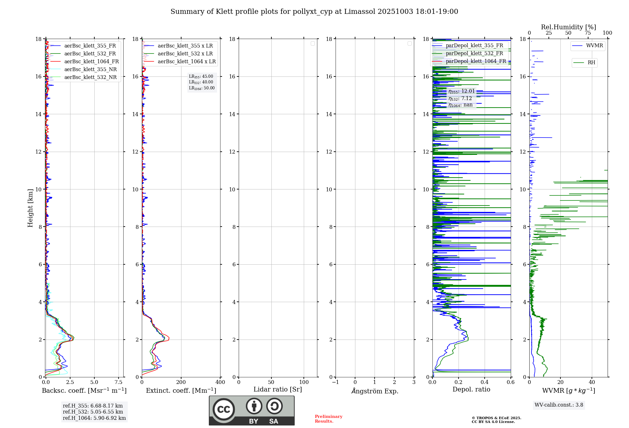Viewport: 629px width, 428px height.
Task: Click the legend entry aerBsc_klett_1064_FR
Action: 91,62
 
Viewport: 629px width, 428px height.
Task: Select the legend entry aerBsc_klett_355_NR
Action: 90,70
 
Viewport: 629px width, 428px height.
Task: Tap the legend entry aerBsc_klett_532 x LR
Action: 185,54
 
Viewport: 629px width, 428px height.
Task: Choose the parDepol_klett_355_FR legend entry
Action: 474,46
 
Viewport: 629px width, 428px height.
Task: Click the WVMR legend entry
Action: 594,46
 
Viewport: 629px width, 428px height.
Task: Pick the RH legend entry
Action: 591,63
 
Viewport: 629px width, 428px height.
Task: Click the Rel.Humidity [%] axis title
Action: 568,27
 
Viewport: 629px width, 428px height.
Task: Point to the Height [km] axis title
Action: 30,208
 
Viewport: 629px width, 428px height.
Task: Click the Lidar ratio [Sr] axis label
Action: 278,390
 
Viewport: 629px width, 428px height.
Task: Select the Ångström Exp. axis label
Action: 375,391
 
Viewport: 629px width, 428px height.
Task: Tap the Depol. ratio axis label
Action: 471,390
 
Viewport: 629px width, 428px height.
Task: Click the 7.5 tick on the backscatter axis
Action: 119,382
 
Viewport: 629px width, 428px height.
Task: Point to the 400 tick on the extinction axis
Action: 220,382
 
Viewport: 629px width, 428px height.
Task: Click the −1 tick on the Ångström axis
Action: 335,382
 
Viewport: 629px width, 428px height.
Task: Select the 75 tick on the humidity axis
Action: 587,33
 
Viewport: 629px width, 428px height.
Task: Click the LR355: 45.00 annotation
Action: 201,76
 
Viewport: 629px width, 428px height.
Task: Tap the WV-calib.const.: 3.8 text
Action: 559,405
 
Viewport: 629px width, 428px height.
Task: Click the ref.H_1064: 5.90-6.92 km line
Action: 94,418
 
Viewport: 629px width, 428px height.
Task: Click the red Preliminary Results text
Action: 328,419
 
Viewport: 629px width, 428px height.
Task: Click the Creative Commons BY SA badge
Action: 252,410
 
